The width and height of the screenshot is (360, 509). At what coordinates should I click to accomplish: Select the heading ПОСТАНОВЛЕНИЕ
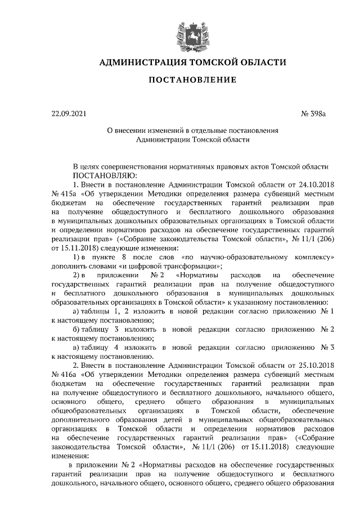[192, 80]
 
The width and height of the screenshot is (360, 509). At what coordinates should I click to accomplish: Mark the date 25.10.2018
[316, 365]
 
